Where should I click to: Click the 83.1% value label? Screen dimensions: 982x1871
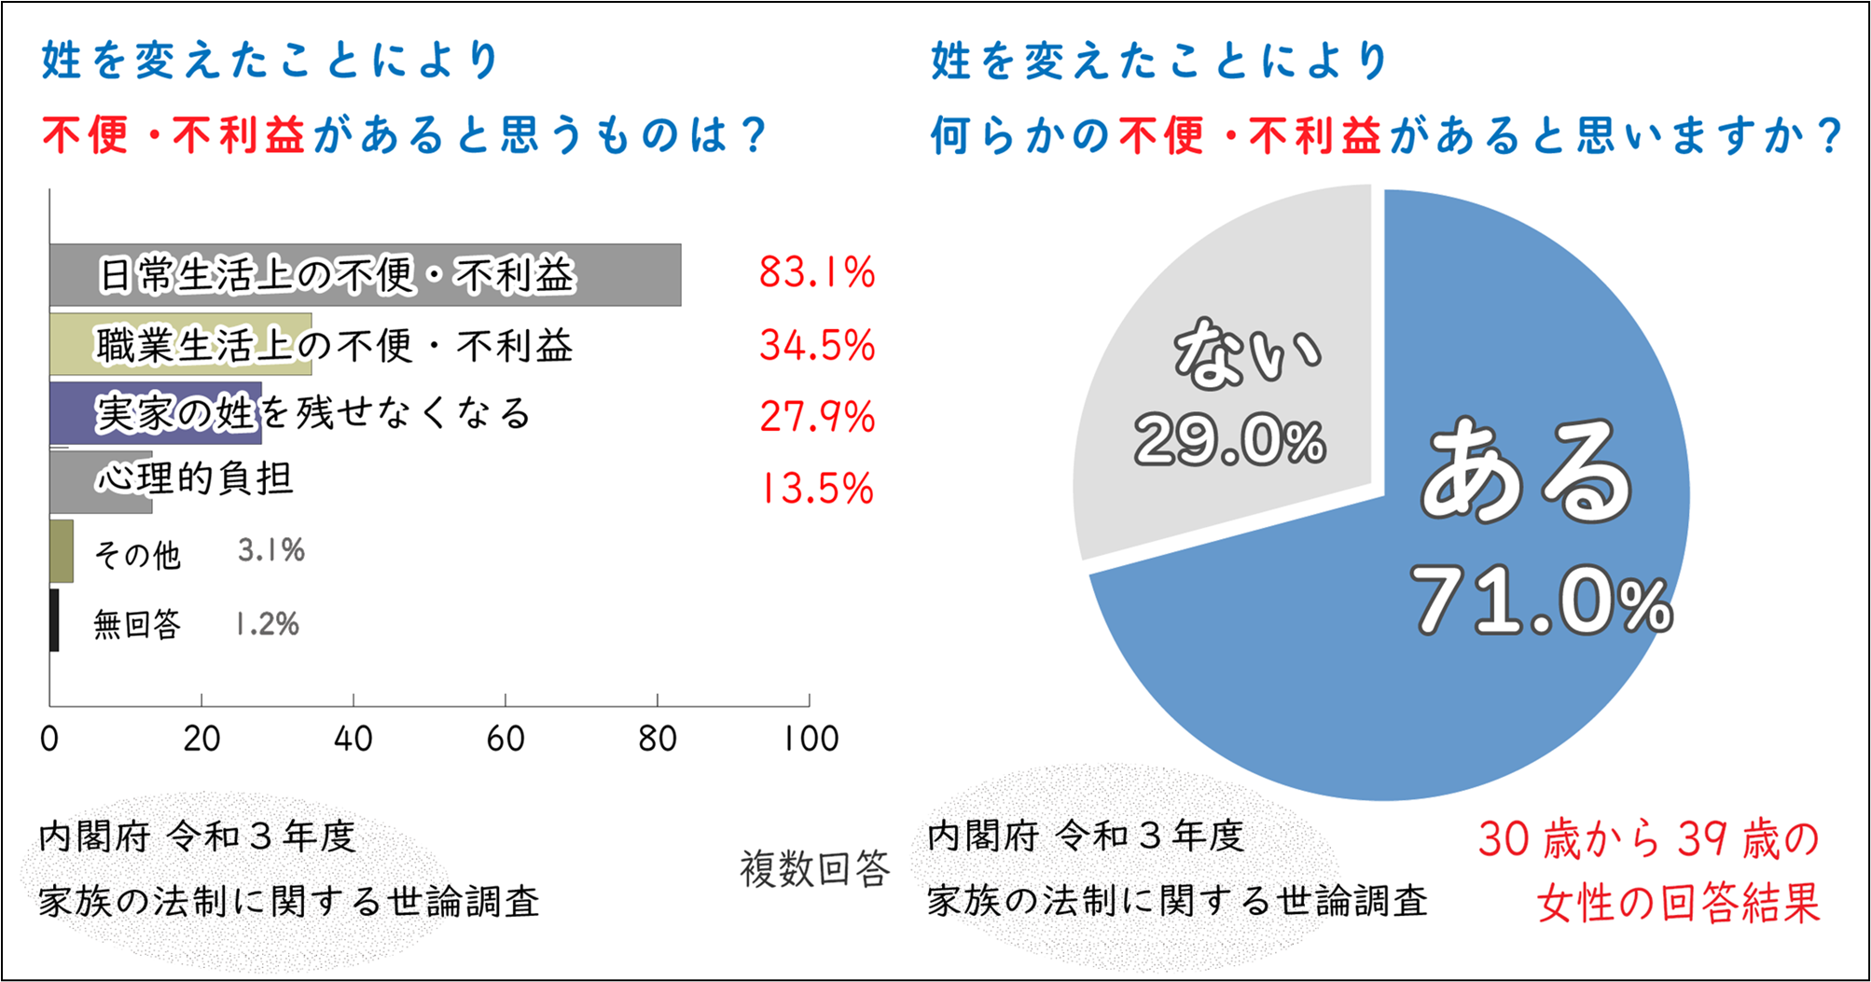(817, 272)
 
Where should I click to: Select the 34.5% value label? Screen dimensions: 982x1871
(817, 345)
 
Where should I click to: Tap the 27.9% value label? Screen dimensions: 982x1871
(817, 416)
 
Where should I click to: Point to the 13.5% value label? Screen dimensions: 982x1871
(817, 488)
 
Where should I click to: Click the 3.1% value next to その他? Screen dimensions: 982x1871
(271, 550)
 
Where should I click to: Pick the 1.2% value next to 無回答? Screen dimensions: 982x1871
(268, 624)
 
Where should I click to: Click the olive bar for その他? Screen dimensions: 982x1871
(62, 551)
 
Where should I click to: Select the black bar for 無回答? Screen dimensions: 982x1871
(54, 620)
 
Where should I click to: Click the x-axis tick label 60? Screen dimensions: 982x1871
(506, 740)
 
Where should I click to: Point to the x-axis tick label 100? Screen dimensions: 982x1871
(811, 740)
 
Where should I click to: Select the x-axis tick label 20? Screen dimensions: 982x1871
(201, 740)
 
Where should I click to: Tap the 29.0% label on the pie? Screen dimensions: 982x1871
(1229, 440)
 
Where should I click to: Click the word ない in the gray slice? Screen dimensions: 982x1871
(1247, 354)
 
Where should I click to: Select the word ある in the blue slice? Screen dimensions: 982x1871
(1527, 472)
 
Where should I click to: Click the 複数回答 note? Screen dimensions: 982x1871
(815, 869)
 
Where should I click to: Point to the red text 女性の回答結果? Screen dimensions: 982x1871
(1678, 902)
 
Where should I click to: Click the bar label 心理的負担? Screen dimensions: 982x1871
(195, 478)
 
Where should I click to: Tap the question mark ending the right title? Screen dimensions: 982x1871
(1829, 136)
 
